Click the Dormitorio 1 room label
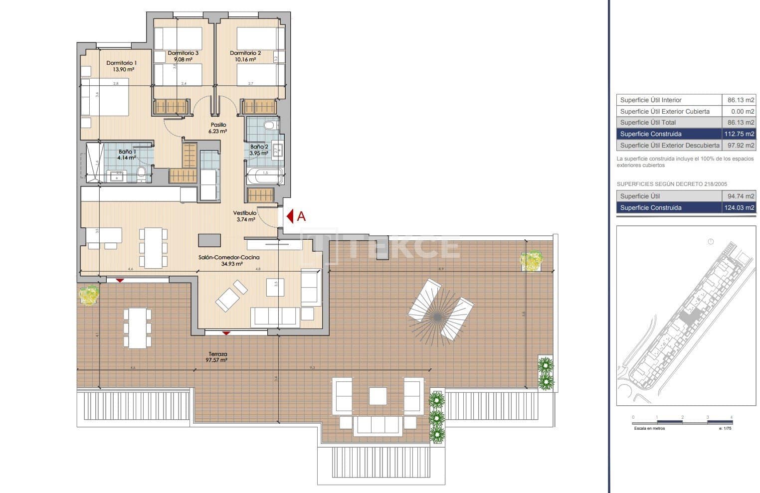(x=121, y=63)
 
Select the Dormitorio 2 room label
(x=245, y=53)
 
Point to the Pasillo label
(x=218, y=125)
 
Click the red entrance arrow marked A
(x=290, y=216)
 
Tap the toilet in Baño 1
(x=141, y=173)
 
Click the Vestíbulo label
(x=245, y=213)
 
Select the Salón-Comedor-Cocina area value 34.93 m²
(x=232, y=264)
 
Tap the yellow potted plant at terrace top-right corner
(x=531, y=261)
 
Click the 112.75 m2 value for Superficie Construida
(x=739, y=134)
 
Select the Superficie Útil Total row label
(x=648, y=123)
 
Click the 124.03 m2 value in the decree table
(x=739, y=208)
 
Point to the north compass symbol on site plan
(x=711, y=242)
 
